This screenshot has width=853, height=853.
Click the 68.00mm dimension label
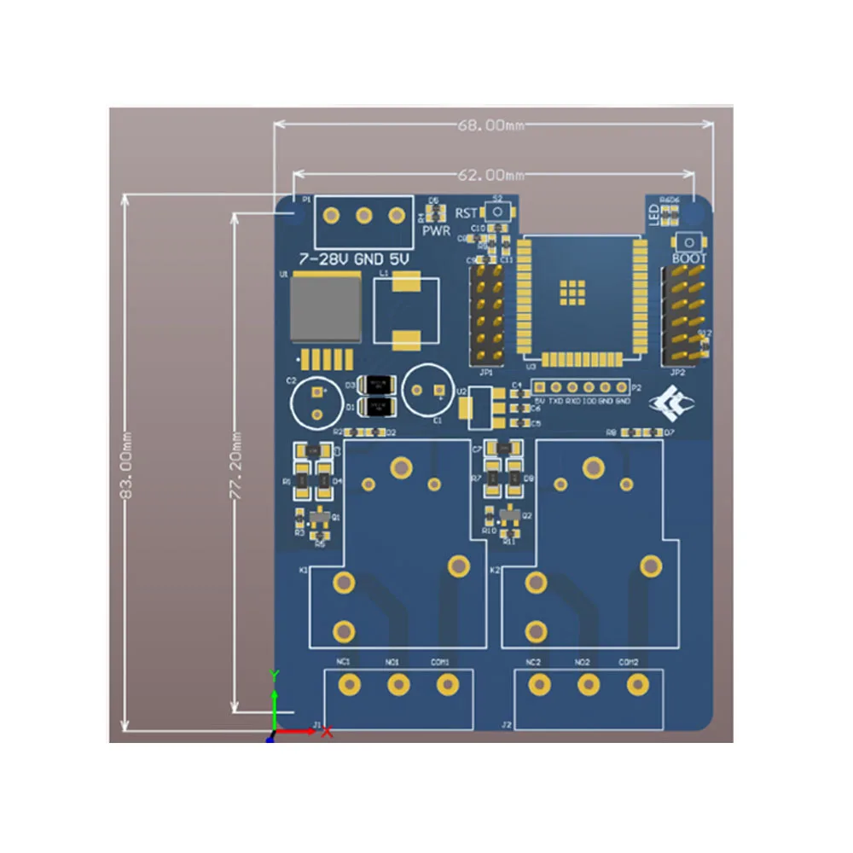tap(492, 125)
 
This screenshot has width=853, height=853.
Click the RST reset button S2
tap(497, 212)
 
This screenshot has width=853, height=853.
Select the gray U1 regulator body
tap(325, 308)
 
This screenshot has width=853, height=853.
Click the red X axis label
tap(327, 733)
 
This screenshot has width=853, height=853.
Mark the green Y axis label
tap(274, 674)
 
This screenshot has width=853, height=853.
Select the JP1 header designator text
tap(486, 372)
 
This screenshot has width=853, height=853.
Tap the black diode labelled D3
tap(376, 385)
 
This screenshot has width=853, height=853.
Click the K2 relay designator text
tap(496, 569)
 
